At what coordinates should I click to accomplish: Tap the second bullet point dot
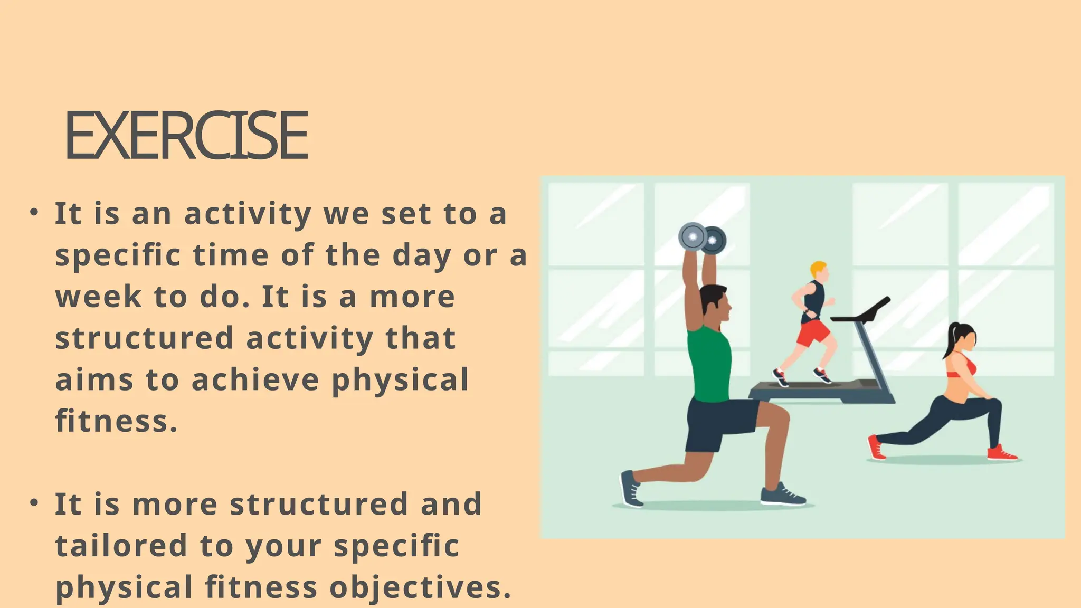(x=34, y=502)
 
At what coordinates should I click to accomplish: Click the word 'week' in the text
(x=98, y=297)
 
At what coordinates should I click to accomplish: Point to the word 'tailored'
(x=121, y=545)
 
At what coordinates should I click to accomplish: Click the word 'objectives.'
(x=421, y=587)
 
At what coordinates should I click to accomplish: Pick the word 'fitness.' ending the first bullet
(x=116, y=421)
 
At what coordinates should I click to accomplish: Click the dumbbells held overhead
(x=702, y=239)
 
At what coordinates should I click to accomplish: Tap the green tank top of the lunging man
(x=710, y=364)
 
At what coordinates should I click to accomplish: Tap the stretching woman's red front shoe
(x=1001, y=453)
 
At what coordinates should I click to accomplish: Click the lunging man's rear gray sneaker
(x=631, y=489)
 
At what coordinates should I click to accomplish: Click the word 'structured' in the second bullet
(x=319, y=503)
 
